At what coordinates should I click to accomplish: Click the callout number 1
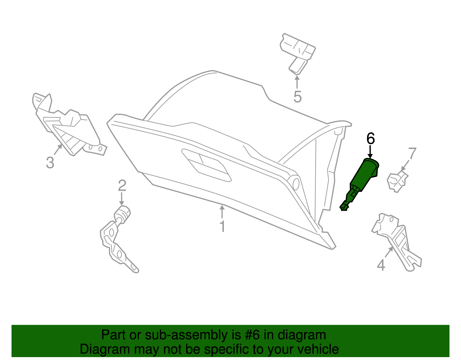click(x=222, y=227)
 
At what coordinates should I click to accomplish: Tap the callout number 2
click(x=122, y=185)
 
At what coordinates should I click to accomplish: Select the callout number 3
click(x=50, y=163)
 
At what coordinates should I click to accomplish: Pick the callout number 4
click(x=381, y=265)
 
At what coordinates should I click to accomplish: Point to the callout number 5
click(x=297, y=97)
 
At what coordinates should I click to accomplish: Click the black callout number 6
click(x=371, y=139)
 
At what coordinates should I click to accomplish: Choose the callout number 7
click(x=412, y=153)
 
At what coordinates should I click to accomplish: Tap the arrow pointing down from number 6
click(x=370, y=152)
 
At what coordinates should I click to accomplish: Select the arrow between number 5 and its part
click(x=297, y=82)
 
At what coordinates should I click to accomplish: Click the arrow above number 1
click(x=222, y=212)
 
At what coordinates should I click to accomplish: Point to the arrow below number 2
click(x=122, y=199)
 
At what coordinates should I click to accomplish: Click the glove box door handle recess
click(x=206, y=165)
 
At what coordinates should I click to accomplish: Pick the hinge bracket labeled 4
click(x=396, y=242)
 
